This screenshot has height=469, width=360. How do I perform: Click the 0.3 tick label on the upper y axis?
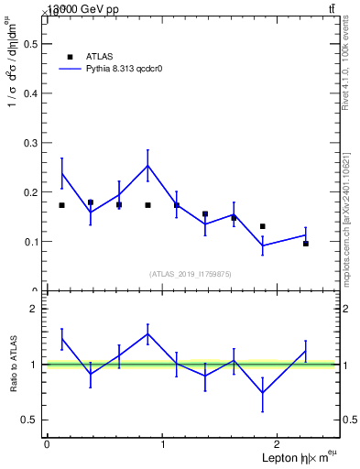[29, 143]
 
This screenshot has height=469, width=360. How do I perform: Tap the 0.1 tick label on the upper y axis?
[29, 242]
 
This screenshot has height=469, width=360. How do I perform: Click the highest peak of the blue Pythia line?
[147, 166]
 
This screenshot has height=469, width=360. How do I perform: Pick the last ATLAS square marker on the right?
[306, 244]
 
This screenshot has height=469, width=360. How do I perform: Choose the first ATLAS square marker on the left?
[61, 205]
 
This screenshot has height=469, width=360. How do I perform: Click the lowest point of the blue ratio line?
[263, 393]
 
